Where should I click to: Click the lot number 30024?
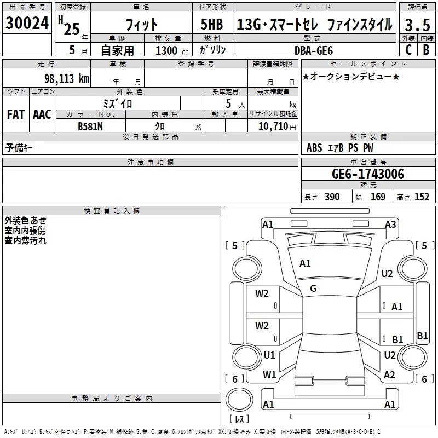point(27,24)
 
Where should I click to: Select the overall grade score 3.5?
point(416,25)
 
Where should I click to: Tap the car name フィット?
point(141,25)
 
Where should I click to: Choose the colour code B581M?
point(90,126)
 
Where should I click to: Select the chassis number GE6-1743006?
point(368,174)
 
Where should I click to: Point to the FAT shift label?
point(15,114)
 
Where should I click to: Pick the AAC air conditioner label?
point(42,114)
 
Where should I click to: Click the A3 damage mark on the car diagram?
point(390,224)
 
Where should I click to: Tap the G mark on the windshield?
point(313,288)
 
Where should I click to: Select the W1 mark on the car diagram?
point(269,375)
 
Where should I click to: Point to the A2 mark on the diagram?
point(389,375)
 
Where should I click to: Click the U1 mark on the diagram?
point(269,355)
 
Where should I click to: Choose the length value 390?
point(332,197)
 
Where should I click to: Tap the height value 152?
point(422,197)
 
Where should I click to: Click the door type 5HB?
point(208,25)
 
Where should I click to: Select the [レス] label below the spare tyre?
point(239,419)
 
